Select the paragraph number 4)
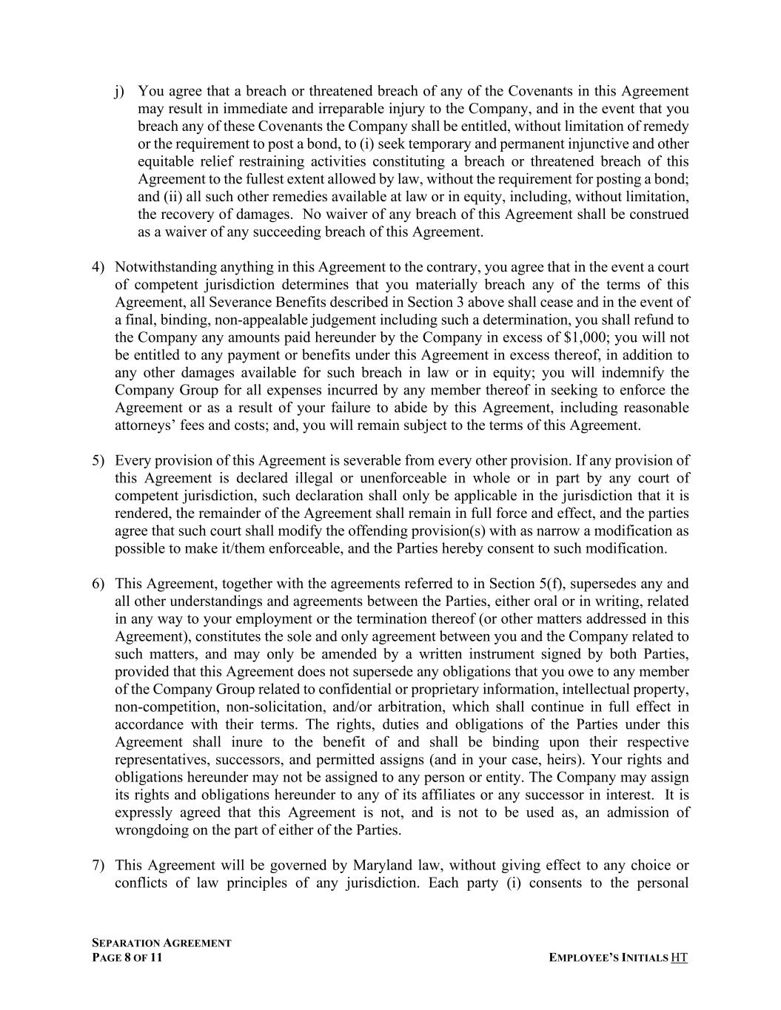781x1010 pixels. pos(98,267)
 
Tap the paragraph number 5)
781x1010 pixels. pos(98,461)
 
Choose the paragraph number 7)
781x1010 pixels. pos(98,866)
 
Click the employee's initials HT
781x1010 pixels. pos(679,958)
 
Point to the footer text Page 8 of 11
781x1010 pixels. pos(127,958)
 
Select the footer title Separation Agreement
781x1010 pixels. pos(161,943)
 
